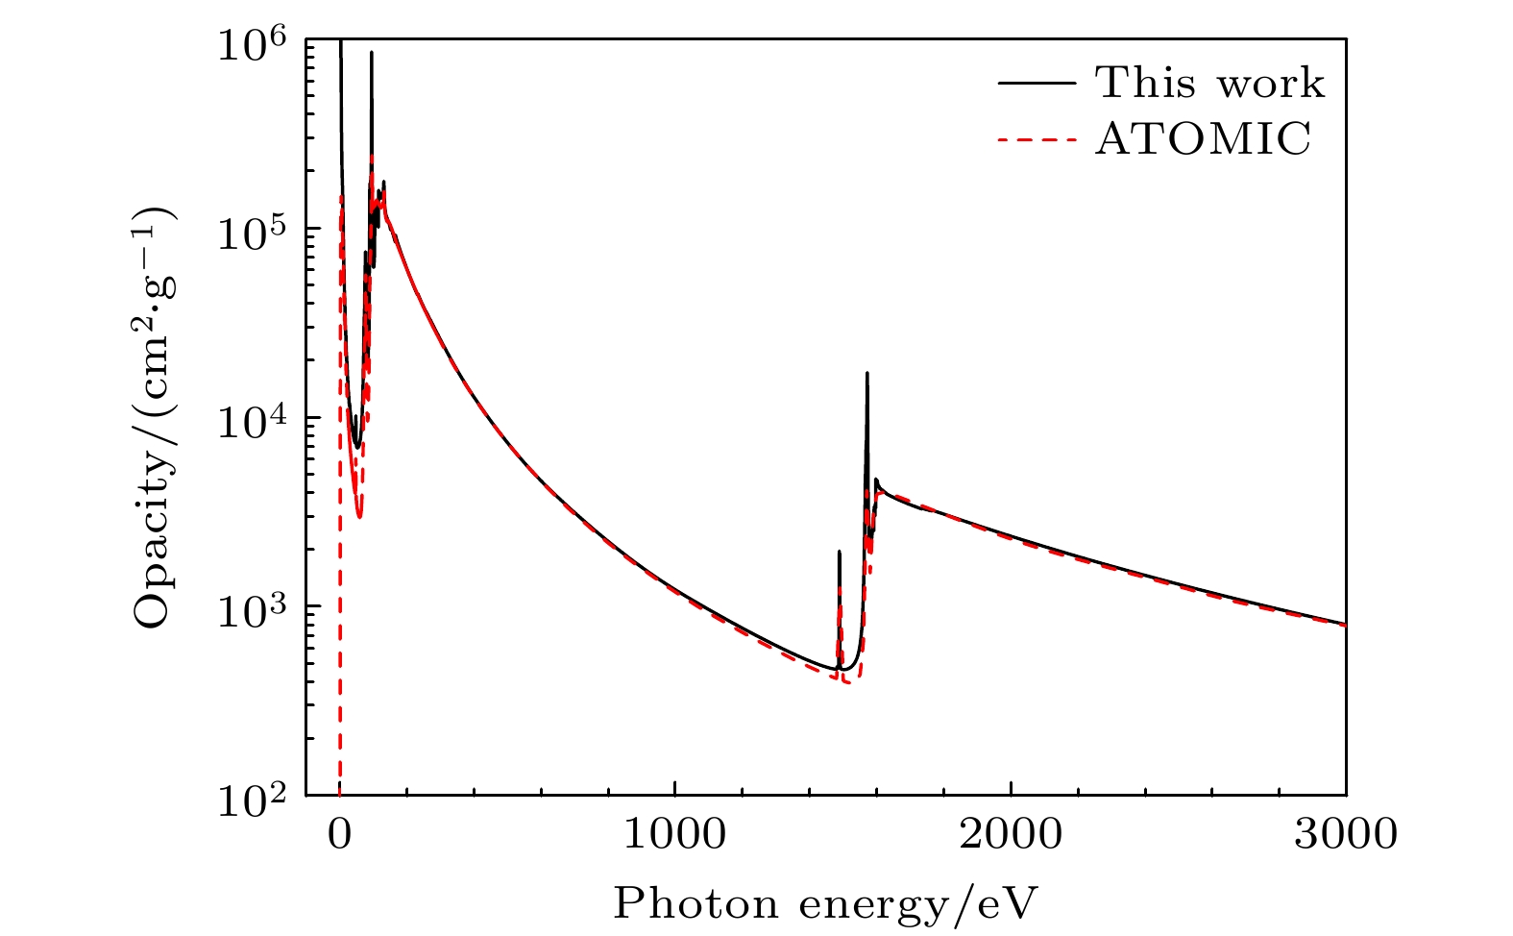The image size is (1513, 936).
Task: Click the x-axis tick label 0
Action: pyautogui.click(x=339, y=834)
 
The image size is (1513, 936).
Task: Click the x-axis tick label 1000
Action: pyautogui.click(x=674, y=834)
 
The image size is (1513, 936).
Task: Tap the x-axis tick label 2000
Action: pyautogui.click(x=1011, y=834)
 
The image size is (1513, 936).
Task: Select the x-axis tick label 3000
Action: pyautogui.click(x=1346, y=834)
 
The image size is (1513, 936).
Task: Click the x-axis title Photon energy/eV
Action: pyautogui.click(x=826, y=903)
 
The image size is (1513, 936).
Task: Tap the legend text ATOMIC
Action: pyautogui.click(x=1204, y=139)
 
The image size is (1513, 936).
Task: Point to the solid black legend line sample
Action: pyautogui.click(x=1036, y=83)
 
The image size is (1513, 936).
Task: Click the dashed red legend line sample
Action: pyautogui.click(x=1036, y=139)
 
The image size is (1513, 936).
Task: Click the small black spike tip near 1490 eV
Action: pyautogui.click(x=839, y=552)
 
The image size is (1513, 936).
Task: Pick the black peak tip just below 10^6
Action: pyautogui.click(x=371, y=53)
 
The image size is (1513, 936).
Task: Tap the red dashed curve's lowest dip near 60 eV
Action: pyautogui.click(x=358, y=517)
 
